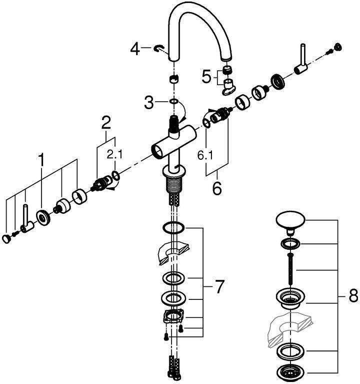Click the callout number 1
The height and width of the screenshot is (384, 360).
coord(42,161)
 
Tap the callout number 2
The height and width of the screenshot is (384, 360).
coord(105,122)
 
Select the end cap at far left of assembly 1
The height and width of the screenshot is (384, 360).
coord(6,239)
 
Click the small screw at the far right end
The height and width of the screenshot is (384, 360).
coord(337,48)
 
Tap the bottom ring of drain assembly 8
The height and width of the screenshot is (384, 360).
coord(289,372)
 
